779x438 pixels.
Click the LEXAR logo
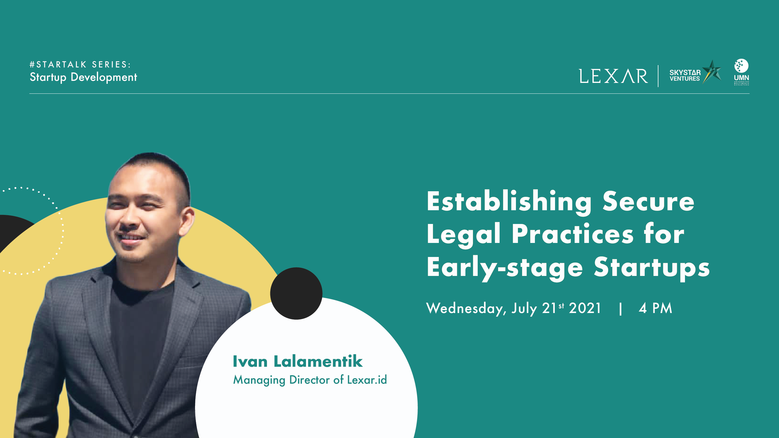[x=613, y=76]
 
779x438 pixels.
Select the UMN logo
[x=742, y=72]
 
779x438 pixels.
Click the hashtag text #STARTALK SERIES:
[x=80, y=65]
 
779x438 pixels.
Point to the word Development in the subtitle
[x=104, y=77]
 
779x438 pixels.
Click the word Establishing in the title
[x=509, y=202]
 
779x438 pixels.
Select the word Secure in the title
[x=648, y=202]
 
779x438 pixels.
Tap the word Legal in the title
[x=464, y=235]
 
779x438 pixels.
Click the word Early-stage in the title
[x=505, y=267]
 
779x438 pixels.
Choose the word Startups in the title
[x=652, y=267]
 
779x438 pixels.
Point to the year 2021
[x=585, y=308]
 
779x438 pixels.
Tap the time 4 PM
[x=655, y=308]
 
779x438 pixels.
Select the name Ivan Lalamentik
[x=298, y=361]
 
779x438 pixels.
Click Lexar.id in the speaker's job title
[x=367, y=380]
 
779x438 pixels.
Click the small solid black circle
[x=296, y=293]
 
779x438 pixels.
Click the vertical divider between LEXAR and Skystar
[x=658, y=76]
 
